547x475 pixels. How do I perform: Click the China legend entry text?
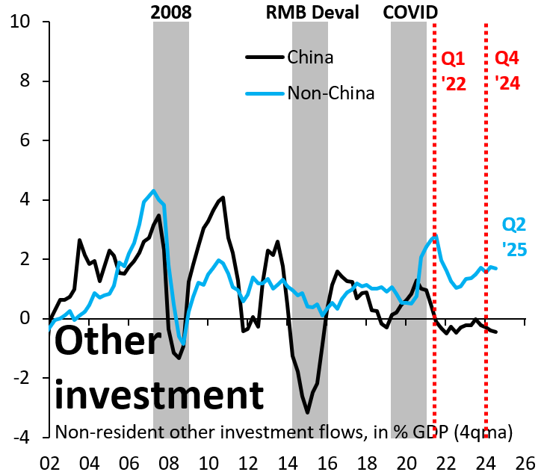[x=310, y=58]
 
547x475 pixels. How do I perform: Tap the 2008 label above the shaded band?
[x=170, y=11]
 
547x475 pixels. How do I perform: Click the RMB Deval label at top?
[x=312, y=11]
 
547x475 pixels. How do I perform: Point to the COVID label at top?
[x=410, y=11]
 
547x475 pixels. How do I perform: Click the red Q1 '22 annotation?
[x=454, y=70]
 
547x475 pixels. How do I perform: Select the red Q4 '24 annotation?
[x=507, y=70]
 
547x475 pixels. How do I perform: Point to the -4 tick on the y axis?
[x=28, y=438]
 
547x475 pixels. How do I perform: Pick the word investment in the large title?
[x=160, y=394]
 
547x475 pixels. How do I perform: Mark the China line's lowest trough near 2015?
[x=307, y=412]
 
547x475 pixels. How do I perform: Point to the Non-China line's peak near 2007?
[x=153, y=190]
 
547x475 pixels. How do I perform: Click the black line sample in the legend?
[x=264, y=58]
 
